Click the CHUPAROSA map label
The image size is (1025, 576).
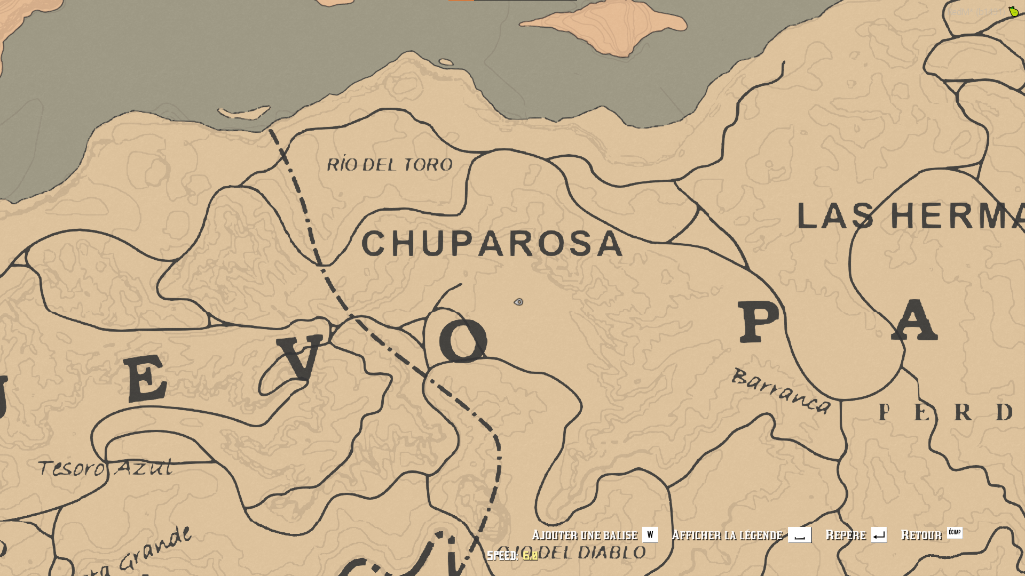click(492, 244)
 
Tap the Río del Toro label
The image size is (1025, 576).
click(390, 165)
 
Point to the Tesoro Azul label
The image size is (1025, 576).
click(105, 468)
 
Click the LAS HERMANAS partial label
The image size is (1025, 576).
click(910, 217)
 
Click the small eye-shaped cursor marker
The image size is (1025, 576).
click(518, 302)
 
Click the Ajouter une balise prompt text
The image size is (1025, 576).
click(585, 535)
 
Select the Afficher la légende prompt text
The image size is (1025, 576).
click(727, 535)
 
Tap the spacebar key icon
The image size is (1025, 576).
click(799, 535)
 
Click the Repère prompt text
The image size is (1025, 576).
click(846, 535)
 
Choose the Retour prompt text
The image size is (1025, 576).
click(921, 535)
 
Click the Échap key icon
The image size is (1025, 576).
click(955, 532)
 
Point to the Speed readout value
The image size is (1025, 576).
click(530, 556)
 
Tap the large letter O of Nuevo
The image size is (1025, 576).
click(463, 341)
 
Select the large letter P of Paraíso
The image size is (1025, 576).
click(759, 322)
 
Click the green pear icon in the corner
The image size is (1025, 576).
click(1013, 11)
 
